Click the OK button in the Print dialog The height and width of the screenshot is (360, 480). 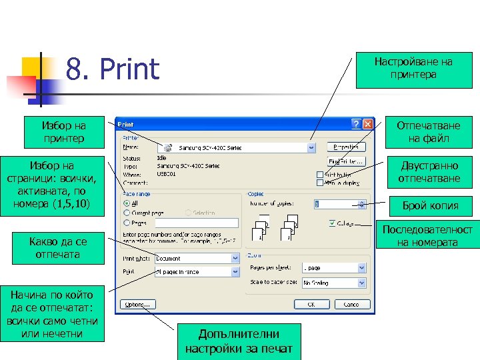[309, 304]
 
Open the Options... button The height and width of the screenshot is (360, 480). [136, 304]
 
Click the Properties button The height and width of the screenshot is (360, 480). [346, 147]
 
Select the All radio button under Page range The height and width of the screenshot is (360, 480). [127, 203]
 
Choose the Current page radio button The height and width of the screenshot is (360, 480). [127, 213]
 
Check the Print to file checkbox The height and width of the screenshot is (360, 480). [321, 175]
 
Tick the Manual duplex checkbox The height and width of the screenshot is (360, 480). [321, 182]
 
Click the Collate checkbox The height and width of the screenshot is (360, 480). [332, 223]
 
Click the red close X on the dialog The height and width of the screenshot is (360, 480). [367, 124]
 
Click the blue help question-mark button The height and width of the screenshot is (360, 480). [356, 124]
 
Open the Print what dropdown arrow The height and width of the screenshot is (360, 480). [235, 258]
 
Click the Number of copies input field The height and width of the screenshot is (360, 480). [337, 203]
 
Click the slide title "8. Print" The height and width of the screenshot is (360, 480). [113, 69]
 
